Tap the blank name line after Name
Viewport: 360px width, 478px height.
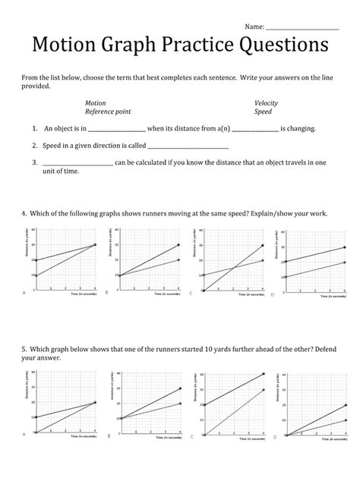[x=302, y=28]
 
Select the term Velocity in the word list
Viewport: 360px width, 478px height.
[x=266, y=102]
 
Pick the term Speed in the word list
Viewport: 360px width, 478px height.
[x=263, y=112]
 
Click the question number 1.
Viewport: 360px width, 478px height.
[x=35, y=130]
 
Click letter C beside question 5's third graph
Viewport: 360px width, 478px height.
[x=191, y=436]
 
